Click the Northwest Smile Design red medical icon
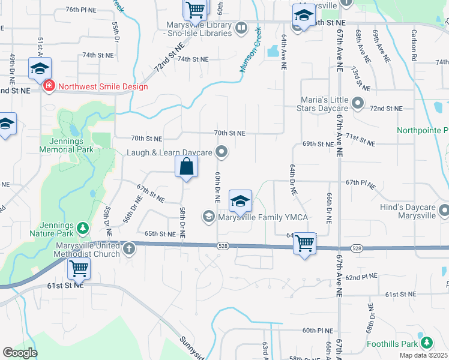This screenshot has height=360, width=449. pos(48,86)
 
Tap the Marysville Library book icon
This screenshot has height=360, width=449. pos(241,28)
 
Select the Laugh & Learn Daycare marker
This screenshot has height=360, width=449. pos(221,152)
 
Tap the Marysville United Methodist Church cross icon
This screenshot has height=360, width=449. pos(128,248)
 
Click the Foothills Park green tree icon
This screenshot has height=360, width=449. pos(426,342)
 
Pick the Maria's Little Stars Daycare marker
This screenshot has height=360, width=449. pos(358,104)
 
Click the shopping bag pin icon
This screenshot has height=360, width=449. pos(186,166)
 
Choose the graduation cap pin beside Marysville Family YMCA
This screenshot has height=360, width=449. pos(240,202)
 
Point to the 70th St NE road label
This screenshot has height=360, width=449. pos(229,133)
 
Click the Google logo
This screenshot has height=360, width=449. pos(20,353)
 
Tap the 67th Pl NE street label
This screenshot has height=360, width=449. pos(360,182)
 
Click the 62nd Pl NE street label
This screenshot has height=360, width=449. pos(360,277)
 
